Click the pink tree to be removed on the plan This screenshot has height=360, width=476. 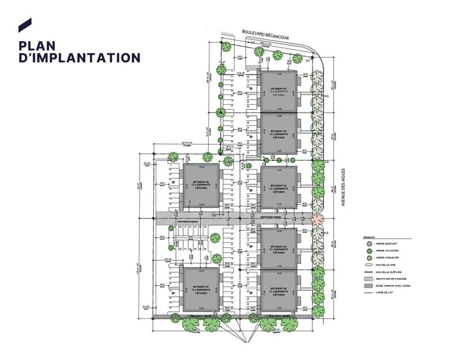click(x=317, y=219)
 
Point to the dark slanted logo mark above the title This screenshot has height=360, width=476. click(x=25, y=25)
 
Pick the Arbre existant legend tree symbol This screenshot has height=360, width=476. click(x=368, y=244)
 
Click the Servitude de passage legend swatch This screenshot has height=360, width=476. click(x=368, y=277)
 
